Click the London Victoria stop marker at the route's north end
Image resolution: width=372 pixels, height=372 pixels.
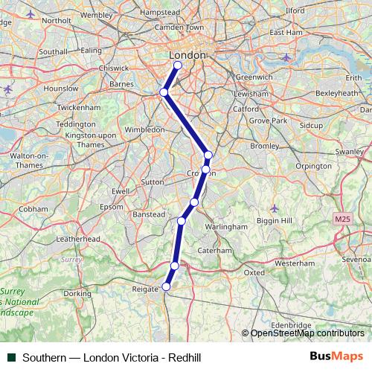point(178,65)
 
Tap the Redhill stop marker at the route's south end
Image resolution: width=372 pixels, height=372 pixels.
point(167,286)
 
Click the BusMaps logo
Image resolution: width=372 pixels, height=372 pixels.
point(336,357)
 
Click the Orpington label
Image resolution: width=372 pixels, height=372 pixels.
point(312,167)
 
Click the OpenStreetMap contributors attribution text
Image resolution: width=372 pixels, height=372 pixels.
point(307,334)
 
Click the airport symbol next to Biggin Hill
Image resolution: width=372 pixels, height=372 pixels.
point(275,208)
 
